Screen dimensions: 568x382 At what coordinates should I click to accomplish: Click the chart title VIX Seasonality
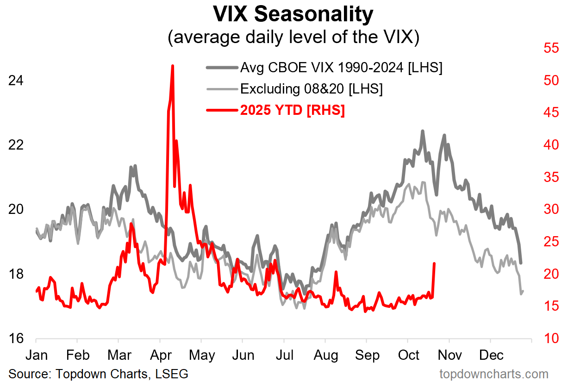coord(293,14)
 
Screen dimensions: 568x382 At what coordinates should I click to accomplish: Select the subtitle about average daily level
coord(293,37)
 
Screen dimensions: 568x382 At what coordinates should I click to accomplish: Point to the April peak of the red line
coord(172,66)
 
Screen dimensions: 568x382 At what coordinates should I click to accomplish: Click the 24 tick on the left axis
coord(16,81)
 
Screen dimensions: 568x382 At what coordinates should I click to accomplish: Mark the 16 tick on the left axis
coord(16,338)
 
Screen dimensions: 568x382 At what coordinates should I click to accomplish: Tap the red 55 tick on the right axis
coord(551,48)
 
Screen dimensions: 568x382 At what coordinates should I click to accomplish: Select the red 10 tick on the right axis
coord(551,338)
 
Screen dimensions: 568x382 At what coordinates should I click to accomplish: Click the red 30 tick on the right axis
coord(551,209)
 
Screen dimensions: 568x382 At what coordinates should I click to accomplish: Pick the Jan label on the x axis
coord(37,355)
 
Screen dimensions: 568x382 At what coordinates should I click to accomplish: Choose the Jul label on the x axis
coord(285,355)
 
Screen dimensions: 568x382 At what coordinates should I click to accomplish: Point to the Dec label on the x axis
coord(491,355)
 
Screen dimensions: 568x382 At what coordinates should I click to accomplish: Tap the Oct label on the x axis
coord(408,355)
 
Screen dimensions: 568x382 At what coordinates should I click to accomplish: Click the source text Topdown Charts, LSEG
coord(122,374)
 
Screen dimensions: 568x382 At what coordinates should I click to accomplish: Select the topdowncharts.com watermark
coord(494,374)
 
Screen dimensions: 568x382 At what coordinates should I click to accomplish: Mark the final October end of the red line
coord(434,263)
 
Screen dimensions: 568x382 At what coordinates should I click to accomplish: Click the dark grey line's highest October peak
coord(423,131)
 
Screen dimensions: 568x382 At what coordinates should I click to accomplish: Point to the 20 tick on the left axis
coord(16,209)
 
